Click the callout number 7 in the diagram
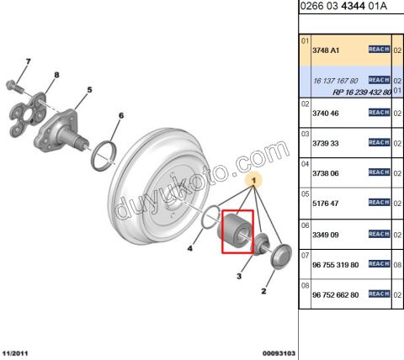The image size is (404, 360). [28, 61]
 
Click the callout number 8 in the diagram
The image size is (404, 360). [57, 77]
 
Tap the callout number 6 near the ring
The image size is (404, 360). [120, 115]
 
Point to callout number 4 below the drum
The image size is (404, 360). [189, 248]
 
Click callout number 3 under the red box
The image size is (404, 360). [240, 275]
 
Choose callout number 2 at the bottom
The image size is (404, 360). [264, 291]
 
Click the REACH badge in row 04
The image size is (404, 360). [379, 172]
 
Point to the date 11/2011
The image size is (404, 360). [18, 352]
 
